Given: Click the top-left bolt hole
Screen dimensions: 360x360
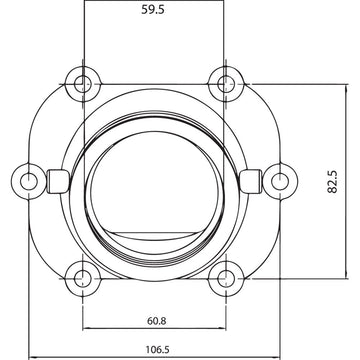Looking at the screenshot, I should coord(83,82).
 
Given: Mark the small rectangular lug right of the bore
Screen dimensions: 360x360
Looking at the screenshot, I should coord(250,180).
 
